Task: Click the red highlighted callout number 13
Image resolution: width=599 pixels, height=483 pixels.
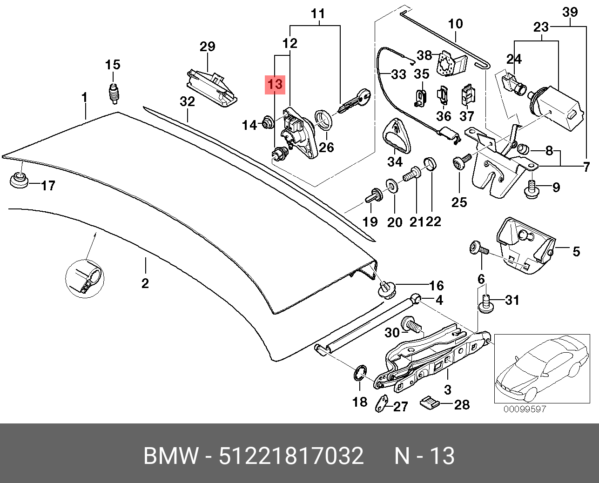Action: [275, 84]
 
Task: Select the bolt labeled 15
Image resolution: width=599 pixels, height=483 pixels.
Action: [114, 94]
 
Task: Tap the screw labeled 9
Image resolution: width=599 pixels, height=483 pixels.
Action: [532, 188]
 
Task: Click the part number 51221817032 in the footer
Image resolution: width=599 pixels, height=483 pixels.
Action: [291, 456]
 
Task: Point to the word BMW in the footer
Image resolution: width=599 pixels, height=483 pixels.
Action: [171, 456]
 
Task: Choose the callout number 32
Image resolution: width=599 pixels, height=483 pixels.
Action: [187, 101]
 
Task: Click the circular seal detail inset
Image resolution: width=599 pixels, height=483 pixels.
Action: [85, 279]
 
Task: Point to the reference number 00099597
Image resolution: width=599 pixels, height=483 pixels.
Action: [524, 409]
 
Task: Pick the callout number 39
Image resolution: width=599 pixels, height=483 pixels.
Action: [570, 12]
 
